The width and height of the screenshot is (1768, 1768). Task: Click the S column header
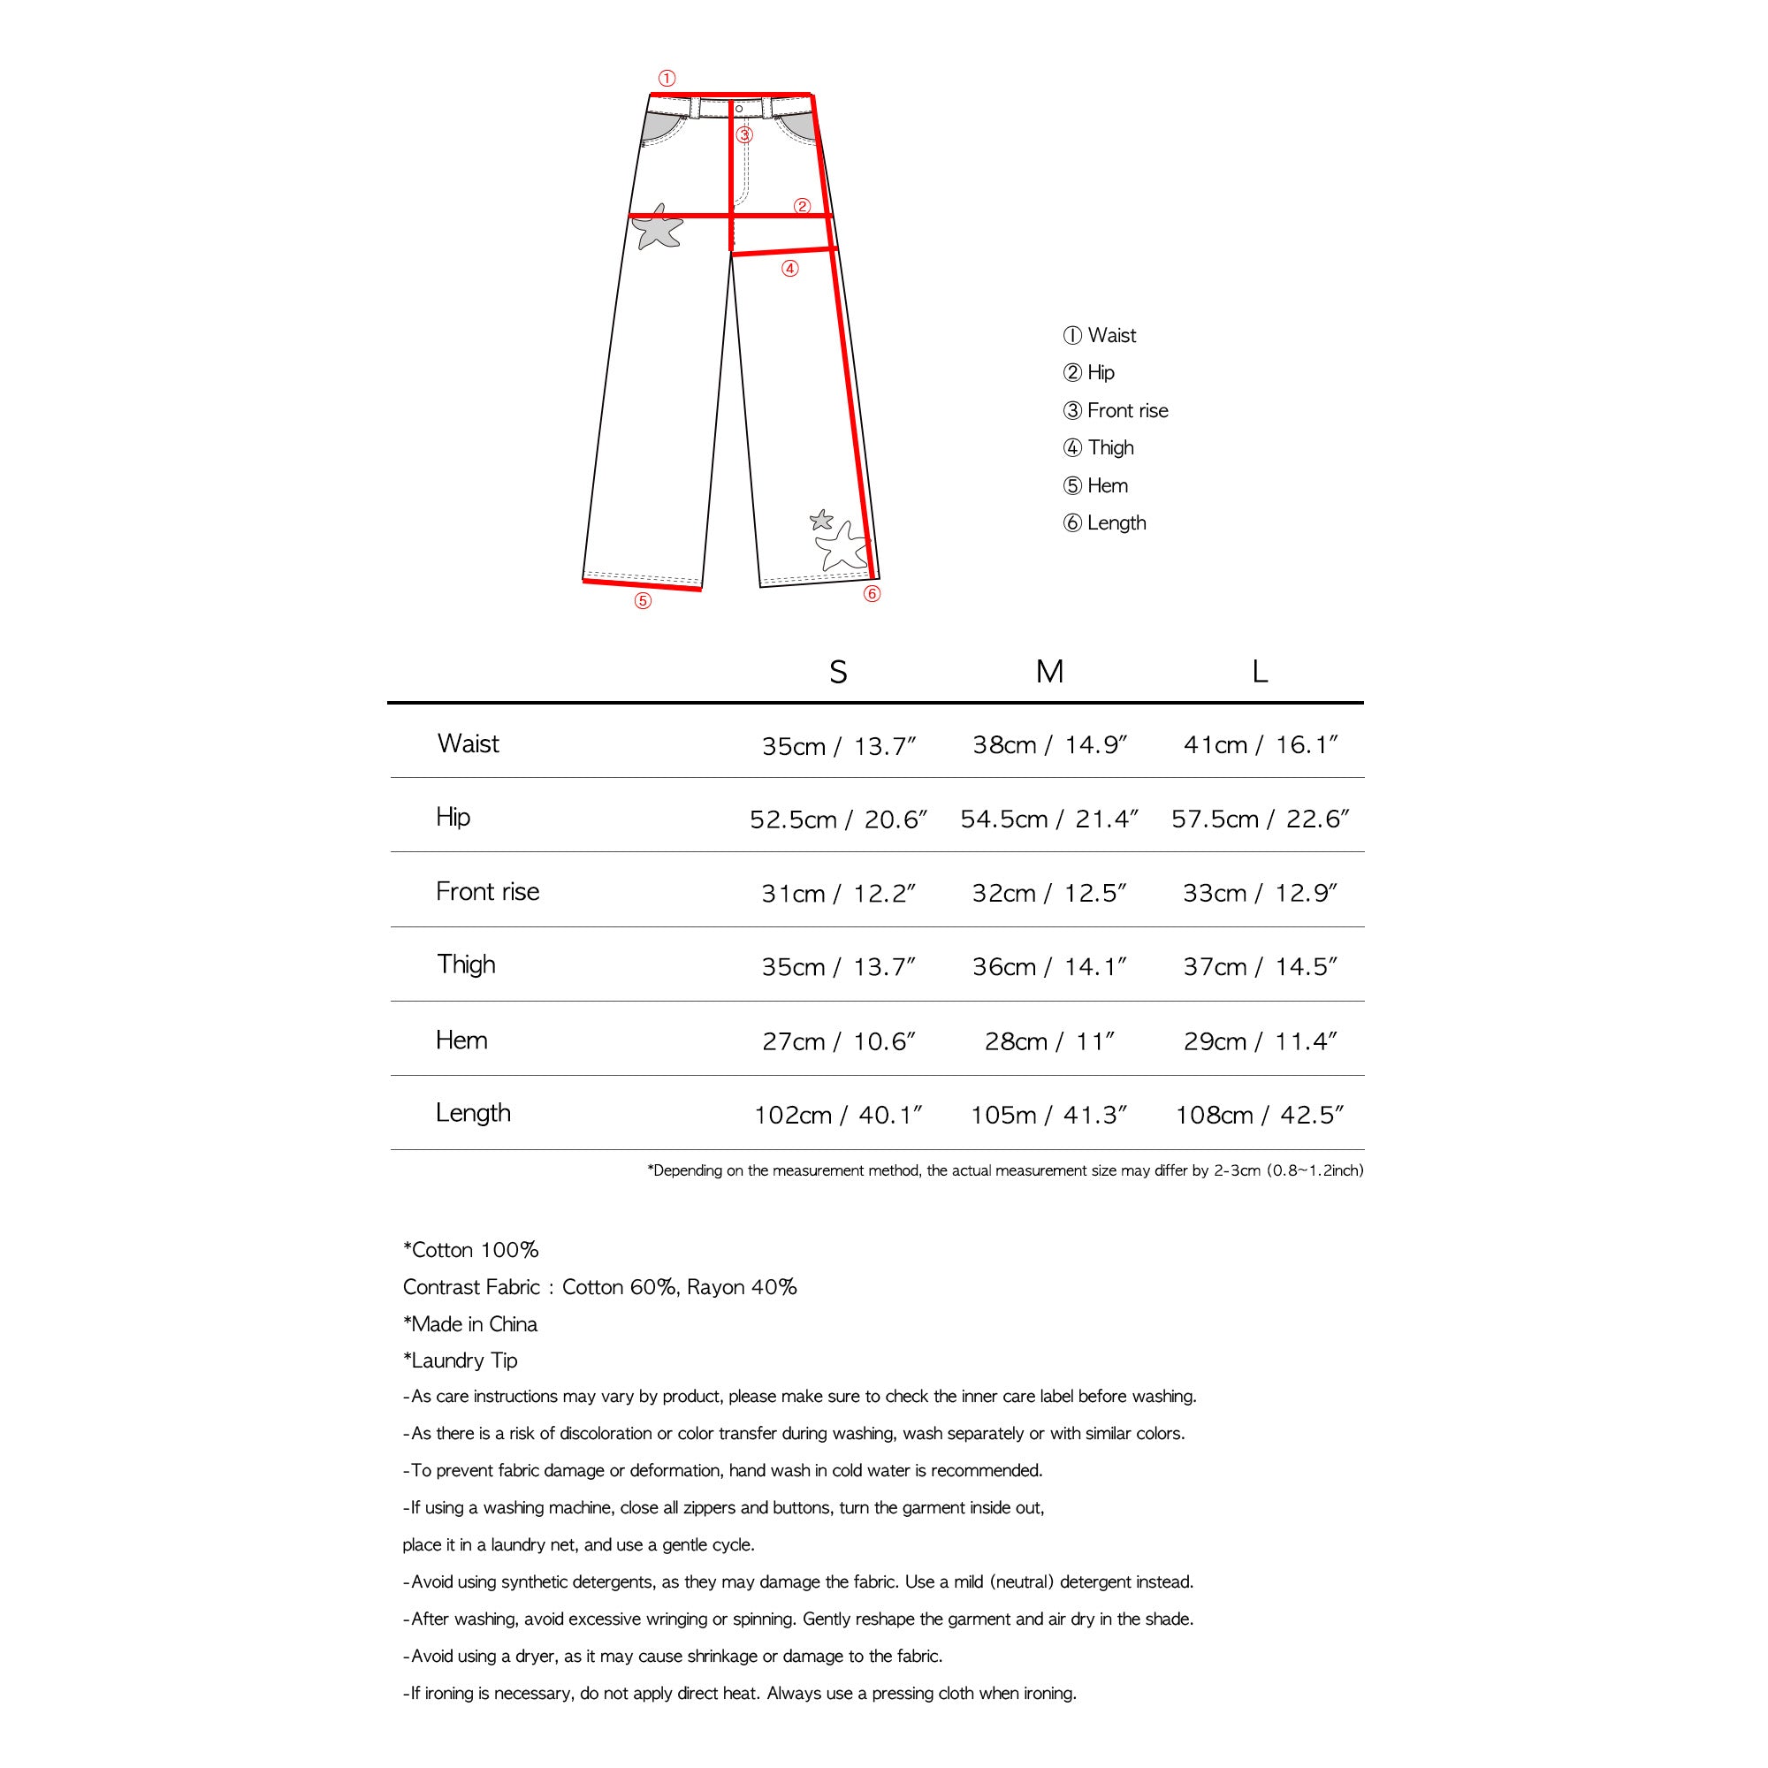click(x=837, y=674)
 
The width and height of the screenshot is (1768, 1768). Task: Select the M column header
click(x=1048, y=673)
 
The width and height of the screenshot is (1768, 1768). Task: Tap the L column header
click(x=1259, y=673)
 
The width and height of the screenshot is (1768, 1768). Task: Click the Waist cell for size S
click(x=838, y=747)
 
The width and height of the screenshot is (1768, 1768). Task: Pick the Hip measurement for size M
click(x=1048, y=820)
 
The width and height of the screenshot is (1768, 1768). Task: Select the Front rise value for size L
click(x=1259, y=894)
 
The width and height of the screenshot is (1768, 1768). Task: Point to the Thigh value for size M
click(x=1048, y=967)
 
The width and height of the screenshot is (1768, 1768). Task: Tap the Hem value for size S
click(x=838, y=1041)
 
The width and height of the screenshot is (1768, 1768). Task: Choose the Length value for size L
click(x=1259, y=1116)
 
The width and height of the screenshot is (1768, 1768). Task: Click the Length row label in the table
click(x=473, y=1114)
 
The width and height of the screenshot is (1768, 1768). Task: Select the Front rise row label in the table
click(x=487, y=892)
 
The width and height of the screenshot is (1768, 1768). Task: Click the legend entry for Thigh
click(x=1099, y=448)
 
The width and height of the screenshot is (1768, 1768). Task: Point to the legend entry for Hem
click(x=1095, y=486)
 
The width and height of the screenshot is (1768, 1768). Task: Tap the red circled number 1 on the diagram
click(x=667, y=79)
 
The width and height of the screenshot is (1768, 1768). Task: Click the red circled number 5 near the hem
click(x=644, y=601)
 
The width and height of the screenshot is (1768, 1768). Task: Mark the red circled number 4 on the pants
click(x=789, y=269)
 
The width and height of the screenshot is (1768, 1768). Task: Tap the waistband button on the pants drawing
click(x=739, y=109)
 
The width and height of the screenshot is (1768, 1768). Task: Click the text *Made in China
click(x=470, y=1324)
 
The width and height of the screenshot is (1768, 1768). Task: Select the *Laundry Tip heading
click(x=461, y=1360)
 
